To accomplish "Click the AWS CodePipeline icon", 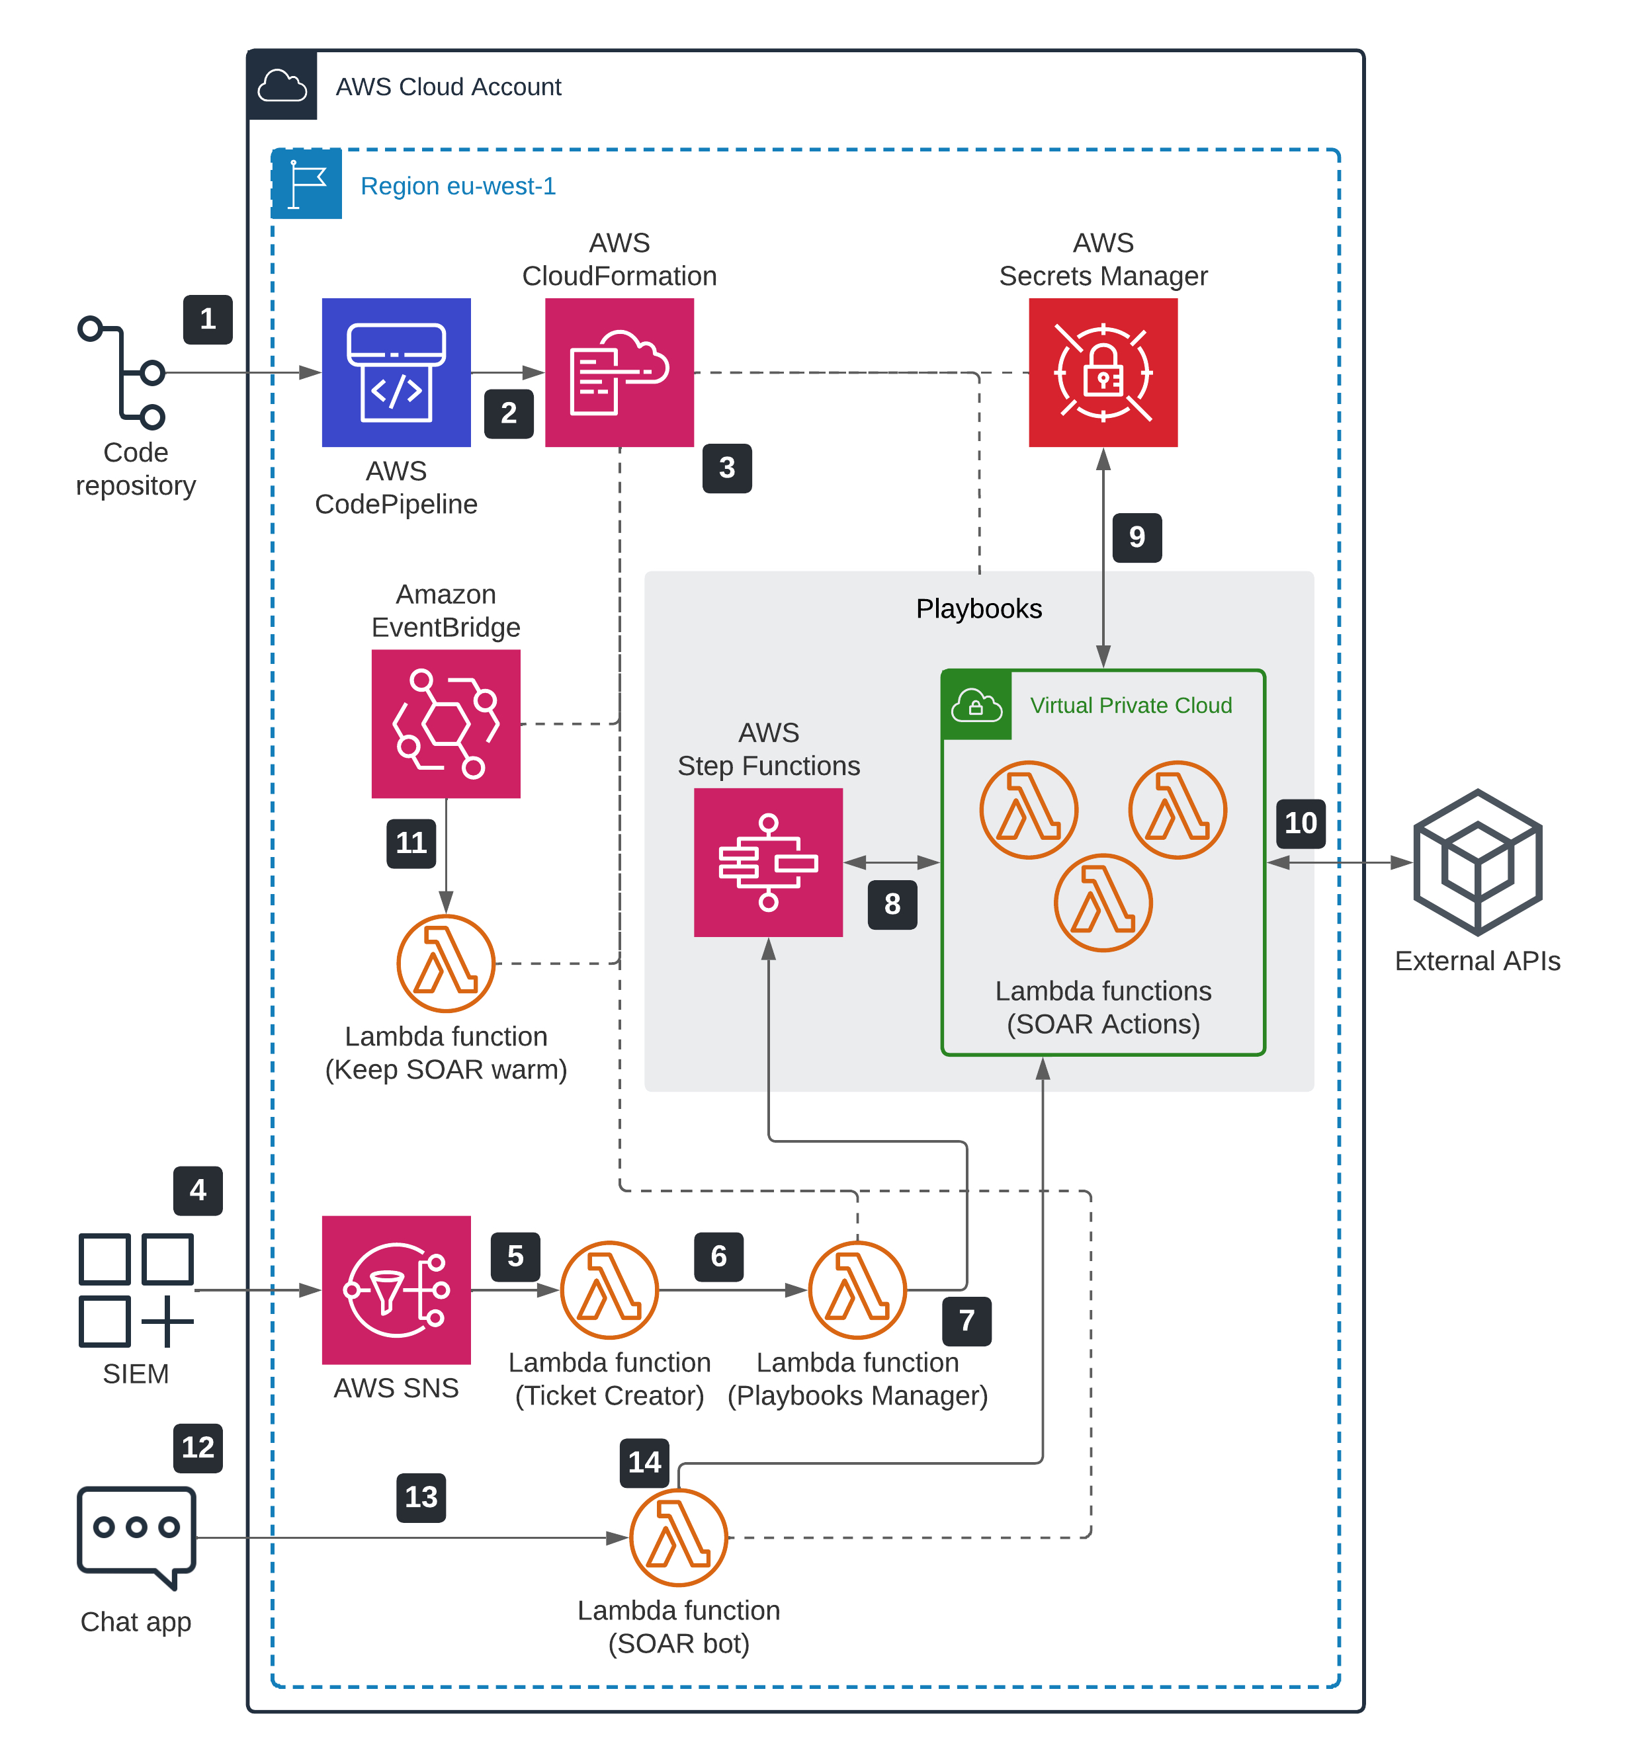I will point(396,372).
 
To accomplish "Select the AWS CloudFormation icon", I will point(619,372).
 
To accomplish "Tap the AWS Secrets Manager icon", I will point(1103,372).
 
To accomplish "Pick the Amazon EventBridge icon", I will point(445,723).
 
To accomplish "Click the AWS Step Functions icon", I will point(768,862).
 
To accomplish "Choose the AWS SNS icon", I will point(396,1290).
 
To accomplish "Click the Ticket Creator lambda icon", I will point(609,1290).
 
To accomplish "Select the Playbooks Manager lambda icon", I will point(857,1290).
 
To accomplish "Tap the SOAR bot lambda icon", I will point(678,1537).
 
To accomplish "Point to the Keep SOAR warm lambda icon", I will point(445,963).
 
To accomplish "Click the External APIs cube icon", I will point(1477,862).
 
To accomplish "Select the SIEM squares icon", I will point(136,1290).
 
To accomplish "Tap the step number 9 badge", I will point(1137,537).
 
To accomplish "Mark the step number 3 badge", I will point(727,468).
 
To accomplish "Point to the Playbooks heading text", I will point(978,608).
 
